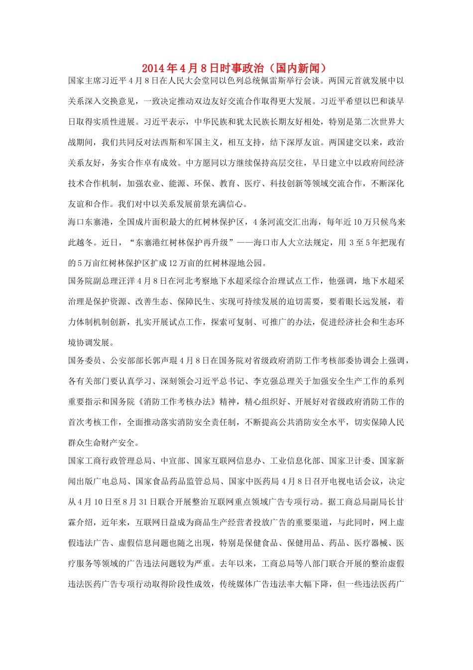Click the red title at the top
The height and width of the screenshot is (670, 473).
[x=236, y=68]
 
